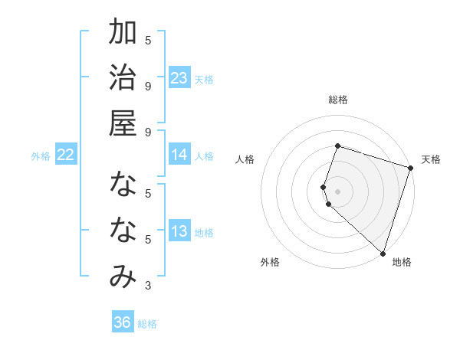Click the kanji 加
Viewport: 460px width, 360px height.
point(123,34)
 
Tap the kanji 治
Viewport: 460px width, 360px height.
point(123,78)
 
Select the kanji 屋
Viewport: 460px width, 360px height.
point(123,123)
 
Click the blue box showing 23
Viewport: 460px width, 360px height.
point(179,78)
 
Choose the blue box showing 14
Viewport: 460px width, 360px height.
point(179,155)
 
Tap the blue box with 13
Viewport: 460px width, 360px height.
point(179,232)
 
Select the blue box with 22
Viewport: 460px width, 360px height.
point(66,155)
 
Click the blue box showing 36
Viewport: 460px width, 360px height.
point(123,322)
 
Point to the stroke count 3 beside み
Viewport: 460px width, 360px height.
point(148,286)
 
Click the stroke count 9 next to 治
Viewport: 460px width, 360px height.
point(148,86)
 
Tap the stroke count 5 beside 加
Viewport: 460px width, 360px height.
point(148,41)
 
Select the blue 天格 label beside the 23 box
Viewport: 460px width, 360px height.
point(204,80)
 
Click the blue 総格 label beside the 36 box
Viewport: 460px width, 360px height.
point(147,324)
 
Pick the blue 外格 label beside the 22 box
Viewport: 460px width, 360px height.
point(41,156)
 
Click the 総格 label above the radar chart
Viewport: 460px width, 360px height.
point(337,100)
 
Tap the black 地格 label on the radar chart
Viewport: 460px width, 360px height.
point(402,262)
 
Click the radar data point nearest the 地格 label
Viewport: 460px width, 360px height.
point(383,253)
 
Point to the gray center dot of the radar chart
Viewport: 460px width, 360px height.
point(337,191)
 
